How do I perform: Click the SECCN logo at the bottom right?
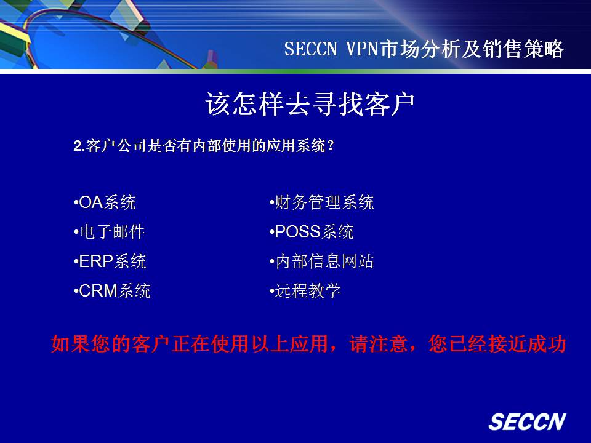click(528, 421)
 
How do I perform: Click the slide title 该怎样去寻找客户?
click(310, 103)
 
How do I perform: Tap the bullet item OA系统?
click(105, 202)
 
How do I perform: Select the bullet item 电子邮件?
click(110, 232)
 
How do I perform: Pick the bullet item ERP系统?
click(110, 261)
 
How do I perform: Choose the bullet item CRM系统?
click(112, 291)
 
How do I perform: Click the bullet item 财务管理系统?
click(321, 202)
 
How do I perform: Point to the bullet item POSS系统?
click(312, 232)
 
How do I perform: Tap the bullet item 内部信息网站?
click(321, 261)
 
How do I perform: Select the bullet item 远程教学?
click(305, 291)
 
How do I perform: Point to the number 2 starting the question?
click(78, 146)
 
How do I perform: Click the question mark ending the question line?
click(331, 146)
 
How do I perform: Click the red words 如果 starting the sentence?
click(70, 343)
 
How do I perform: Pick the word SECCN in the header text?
click(310, 49)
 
